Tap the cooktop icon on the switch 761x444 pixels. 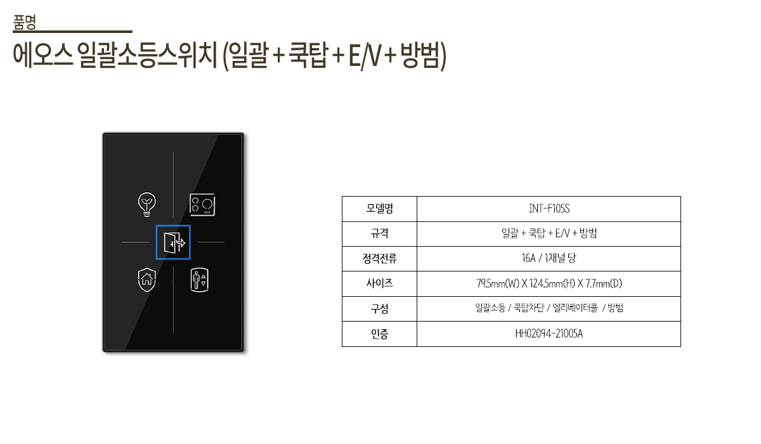[x=202, y=204]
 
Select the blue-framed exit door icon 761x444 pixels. [x=173, y=242]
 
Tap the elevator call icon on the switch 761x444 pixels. [x=199, y=280]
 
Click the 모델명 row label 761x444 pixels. [x=379, y=209]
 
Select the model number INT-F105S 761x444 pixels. [x=549, y=209]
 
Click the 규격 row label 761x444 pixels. [x=379, y=233]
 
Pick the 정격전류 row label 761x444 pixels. [x=379, y=259]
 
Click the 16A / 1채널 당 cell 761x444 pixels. [x=549, y=259]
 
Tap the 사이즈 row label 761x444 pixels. [x=379, y=284]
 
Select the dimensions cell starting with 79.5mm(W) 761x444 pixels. [x=549, y=284]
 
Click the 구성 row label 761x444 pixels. [x=379, y=309]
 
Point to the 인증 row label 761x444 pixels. [x=379, y=334]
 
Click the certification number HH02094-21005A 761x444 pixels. [x=549, y=334]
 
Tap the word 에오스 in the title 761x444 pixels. [x=41, y=58]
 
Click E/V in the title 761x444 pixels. [x=364, y=58]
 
